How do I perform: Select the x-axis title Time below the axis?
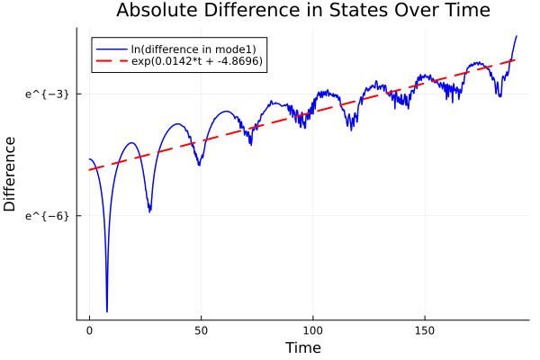(302, 347)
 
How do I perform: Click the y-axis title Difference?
(10, 174)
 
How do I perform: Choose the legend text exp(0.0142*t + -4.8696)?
(197, 61)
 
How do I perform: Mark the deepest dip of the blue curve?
(106, 311)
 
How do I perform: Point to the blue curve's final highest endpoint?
(517, 36)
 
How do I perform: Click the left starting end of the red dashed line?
(89, 170)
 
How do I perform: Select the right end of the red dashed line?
(515, 59)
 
